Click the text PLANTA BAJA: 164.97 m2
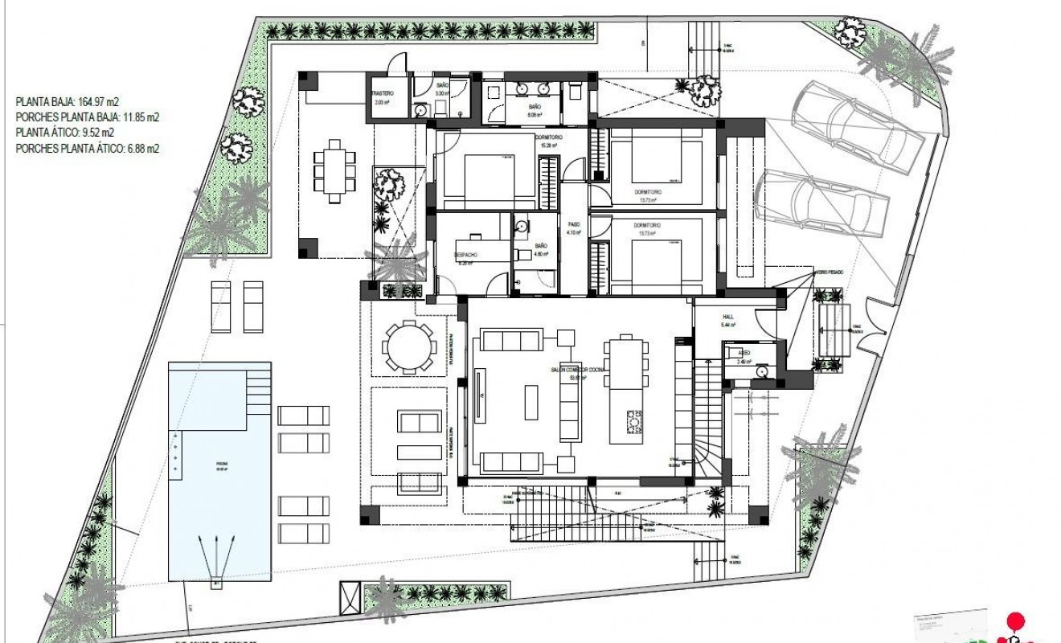(68, 102)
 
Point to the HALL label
(727, 317)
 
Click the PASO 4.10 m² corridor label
(573, 228)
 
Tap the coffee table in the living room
(531, 402)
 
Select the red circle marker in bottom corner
(1016, 621)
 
